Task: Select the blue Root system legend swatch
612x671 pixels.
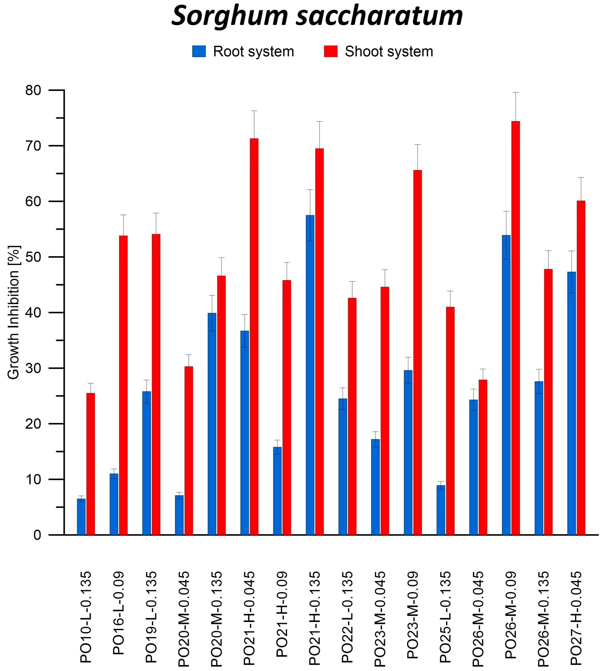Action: [199, 51]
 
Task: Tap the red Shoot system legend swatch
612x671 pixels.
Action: [331, 51]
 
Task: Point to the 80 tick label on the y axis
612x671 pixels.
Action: [33, 90]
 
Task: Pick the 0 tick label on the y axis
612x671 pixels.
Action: [37, 535]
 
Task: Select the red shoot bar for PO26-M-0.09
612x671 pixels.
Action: [515, 328]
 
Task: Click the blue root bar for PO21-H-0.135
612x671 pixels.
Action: [310, 375]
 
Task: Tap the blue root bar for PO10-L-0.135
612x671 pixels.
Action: [81, 517]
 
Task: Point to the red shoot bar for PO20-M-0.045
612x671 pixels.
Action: [188, 451]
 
